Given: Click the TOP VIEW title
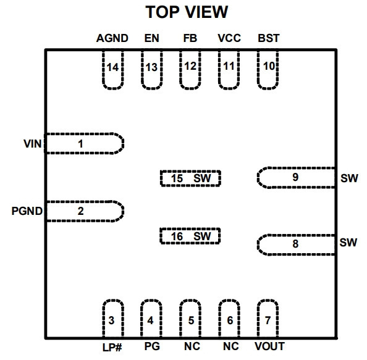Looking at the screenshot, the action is pyautogui.click(x=187, y=12).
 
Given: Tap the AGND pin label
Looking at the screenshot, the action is pyautogui.click(x=112, y=38).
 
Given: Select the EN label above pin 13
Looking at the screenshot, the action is pyautogui.click(x=151, y=38).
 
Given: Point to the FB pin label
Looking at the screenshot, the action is pyautogui.click(x=190, y=38).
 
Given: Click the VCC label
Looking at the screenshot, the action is pyautogui.click(x=229, y=38).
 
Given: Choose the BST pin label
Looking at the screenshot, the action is pyautogui.click(x=269, y=38).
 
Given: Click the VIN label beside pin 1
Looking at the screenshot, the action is pyautogui.click(x=33, y=144).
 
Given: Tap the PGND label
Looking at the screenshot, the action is pyautogui.click(x=27, y=211).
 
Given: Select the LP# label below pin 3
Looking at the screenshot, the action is pyautogui.click(x=112, y=348).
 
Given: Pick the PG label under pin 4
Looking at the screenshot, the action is pyautogui.click(x=152, y=346).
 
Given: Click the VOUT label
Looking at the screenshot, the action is pyautogui.click(x=269, y=346).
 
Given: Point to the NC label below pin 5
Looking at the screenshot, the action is pyautogui.click(x=192, y=346).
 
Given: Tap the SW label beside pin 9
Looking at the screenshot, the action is pyautogui.click(x=349, y=178).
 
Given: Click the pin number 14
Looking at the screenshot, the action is pyautogui.click(x=112, y=67).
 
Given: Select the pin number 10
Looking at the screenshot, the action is pyautogui.click(x=269, y=66).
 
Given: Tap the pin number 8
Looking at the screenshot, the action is pyautogui.click(x=295, y=244).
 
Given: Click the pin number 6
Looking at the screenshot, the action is pyautogui.click(x=230, y=320).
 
